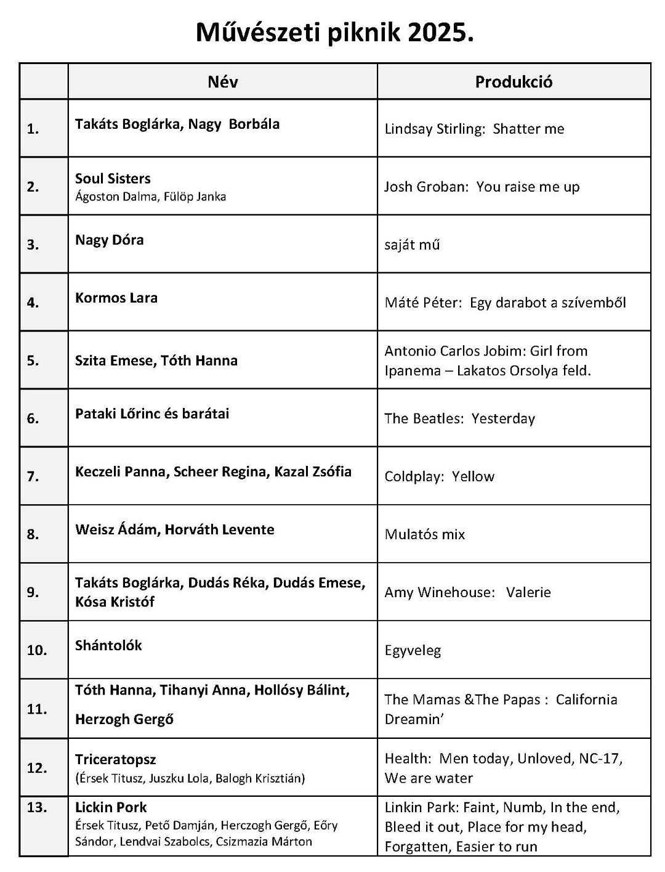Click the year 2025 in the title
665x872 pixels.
(x=439, y=33)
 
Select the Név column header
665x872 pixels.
(x=223, y=82)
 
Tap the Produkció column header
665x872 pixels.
(x=514, y=82)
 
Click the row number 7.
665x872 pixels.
(x=33, y=476)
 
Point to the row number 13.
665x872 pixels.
(x=37, y=807)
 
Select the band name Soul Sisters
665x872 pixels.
(x=113, y=179)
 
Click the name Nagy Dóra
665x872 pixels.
(x=110, y=240)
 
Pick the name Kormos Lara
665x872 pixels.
(x=116, y=298)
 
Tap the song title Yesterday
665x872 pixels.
(x=503, y=418)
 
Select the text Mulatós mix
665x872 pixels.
(x=425, y=534)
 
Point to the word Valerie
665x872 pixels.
(x=528, y=592)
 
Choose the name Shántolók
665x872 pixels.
(x=108, y=645)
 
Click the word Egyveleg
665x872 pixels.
(x=413, y=650)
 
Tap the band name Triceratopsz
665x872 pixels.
(x=116, y=759)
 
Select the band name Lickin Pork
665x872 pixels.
(x=111, y=807)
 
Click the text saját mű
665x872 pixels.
(x=412, y=245)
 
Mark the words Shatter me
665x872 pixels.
(x=528, y=129)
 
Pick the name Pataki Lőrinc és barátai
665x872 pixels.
(x=152, y=414)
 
